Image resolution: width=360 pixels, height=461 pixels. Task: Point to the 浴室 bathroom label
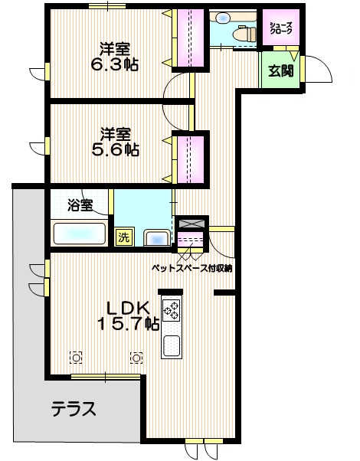pos(80,205)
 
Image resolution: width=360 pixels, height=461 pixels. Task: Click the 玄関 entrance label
pos(280,71)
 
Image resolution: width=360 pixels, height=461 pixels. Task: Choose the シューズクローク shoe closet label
pos(280,28)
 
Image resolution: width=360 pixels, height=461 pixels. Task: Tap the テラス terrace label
pos(74,409)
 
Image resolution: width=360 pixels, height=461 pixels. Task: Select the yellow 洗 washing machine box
pos(123,237)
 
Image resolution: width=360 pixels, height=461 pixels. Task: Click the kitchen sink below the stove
pos(172,346)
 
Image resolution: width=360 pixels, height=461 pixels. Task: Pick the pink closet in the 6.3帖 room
pos(190,38)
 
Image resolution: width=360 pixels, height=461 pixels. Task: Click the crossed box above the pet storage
pos(189,224)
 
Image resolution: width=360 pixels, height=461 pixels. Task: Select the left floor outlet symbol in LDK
pos(76,357)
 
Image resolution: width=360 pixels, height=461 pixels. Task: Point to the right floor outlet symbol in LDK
pos(136,357)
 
